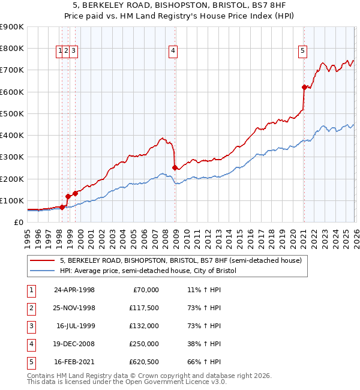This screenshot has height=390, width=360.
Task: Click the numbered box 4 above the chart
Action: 173,52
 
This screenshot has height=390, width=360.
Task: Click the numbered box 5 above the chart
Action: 303,52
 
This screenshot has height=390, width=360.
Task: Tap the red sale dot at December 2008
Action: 175,168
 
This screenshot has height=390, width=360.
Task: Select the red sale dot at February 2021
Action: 304,88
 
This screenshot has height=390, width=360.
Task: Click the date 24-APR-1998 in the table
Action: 74,290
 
